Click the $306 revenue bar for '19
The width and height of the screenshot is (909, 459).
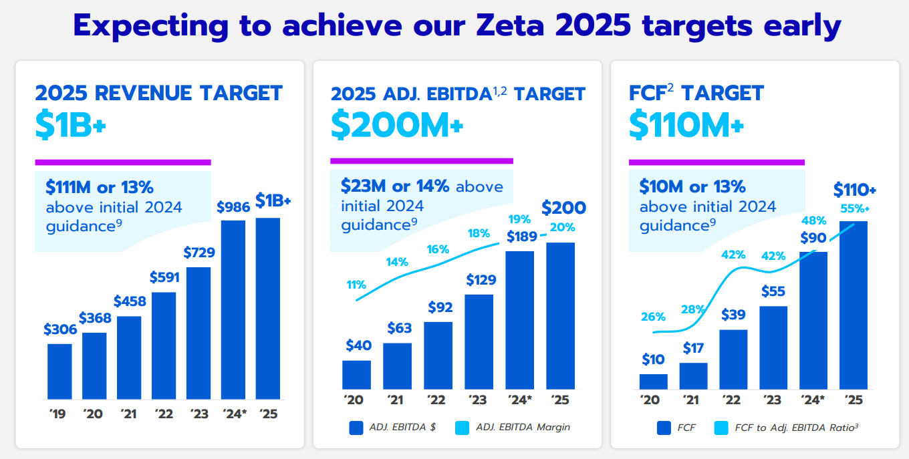point(59,371)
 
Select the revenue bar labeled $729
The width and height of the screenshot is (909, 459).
point(199,332)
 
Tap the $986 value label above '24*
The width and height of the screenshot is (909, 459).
point(233,207)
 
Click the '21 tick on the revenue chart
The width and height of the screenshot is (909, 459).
point(129,414)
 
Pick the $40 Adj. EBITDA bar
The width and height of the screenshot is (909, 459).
point(356,375)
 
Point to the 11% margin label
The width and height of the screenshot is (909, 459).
point(356,285)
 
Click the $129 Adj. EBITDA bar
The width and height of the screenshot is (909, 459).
point(479,341)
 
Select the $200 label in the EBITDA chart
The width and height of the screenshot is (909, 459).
point(563,208)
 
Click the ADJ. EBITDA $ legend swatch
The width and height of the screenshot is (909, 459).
point(356,427)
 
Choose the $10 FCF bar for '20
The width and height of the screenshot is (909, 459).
point(653,381)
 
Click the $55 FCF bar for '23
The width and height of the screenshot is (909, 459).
point(773,347)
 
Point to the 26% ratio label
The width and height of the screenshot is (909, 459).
point(653,316)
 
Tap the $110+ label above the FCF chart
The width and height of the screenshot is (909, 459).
point(855,189)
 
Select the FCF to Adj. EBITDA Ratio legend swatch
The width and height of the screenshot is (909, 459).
point(721,427)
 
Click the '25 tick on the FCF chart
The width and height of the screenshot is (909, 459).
point(854,400)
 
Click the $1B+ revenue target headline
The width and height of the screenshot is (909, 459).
point(71,126)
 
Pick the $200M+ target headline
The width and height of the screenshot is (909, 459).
point(397,126)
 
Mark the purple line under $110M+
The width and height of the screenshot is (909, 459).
point(717,162)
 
